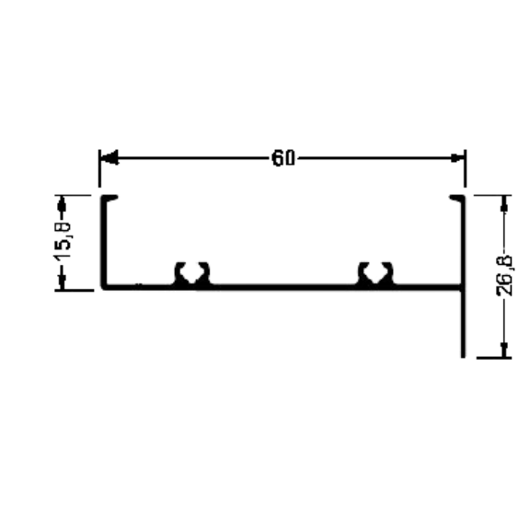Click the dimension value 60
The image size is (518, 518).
point(283,158)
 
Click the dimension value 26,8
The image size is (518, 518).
point(505,275)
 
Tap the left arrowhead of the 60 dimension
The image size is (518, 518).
point(109,158)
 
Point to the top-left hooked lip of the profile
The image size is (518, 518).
point(109,198)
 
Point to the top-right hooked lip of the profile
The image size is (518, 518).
point(457,198)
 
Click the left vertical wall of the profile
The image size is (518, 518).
point(103,243)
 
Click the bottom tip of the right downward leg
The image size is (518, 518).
point(463,357)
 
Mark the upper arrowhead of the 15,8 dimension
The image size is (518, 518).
point(62,205)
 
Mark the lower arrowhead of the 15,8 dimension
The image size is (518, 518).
point(62,282)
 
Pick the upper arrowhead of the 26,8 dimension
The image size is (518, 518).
point(504,204)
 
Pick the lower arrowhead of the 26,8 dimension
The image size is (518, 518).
point(504,350)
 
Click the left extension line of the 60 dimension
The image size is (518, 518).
point(99,168)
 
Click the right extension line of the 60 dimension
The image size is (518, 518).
point(466,168)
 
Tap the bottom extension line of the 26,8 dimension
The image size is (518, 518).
point(494,357)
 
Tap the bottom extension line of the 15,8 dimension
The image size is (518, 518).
point(75,291)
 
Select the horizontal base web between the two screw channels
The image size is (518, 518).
point(283,287)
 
